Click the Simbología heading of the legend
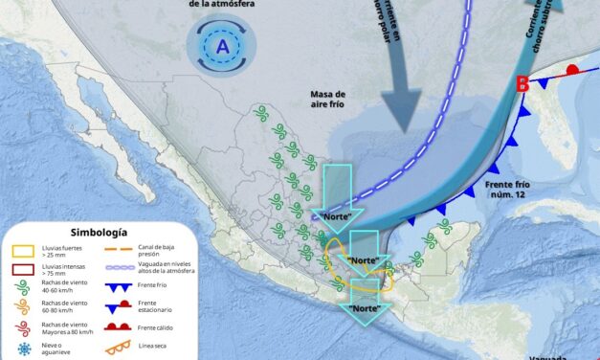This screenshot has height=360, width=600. (x=98, y=233)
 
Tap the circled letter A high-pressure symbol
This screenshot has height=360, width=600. (x=223, y=46)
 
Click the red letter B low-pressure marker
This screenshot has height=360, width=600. (x=522, y=84)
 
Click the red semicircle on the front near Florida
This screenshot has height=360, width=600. (x=572, y=70)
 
